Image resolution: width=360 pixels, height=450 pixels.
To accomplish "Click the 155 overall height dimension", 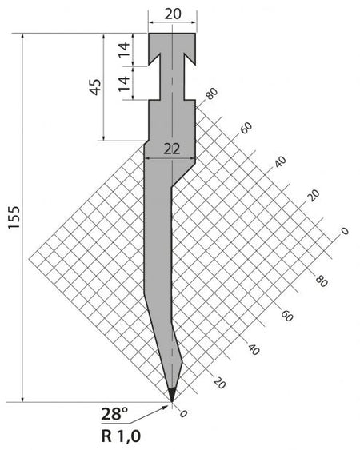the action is [x=14, y=217].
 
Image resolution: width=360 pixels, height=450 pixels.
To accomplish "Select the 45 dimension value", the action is [x=95, y=86].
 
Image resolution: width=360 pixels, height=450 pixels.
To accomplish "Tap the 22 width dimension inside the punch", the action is [x=172, y=149].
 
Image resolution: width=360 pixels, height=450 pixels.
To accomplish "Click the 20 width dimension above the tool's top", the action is [x=173, y=14].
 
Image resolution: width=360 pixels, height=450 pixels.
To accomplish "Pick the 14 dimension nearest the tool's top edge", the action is [x=124, y=50].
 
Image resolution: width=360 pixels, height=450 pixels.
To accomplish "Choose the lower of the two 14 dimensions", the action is [x=124, y=83].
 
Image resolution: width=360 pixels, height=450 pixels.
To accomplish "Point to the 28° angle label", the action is [x=114, y=414].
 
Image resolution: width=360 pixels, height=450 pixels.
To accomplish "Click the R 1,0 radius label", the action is [x=121, y=436].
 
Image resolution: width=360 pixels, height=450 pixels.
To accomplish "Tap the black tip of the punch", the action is [x=172, y=395].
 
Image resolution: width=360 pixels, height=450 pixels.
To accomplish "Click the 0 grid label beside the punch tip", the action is [x=183, y=413].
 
